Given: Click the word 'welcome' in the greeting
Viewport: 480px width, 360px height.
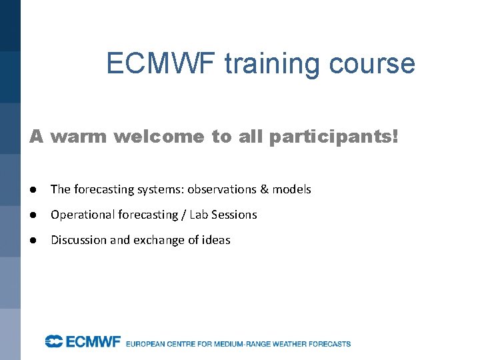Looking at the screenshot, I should click(159, 137).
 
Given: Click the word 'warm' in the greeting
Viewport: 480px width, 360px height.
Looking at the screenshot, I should click(79, 137).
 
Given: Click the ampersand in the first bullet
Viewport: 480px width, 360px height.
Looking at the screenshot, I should click(264, 189).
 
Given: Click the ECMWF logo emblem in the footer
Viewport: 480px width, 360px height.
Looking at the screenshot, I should click(53, 342).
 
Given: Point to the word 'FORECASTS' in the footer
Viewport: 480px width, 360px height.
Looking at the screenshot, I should click(327, 344).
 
